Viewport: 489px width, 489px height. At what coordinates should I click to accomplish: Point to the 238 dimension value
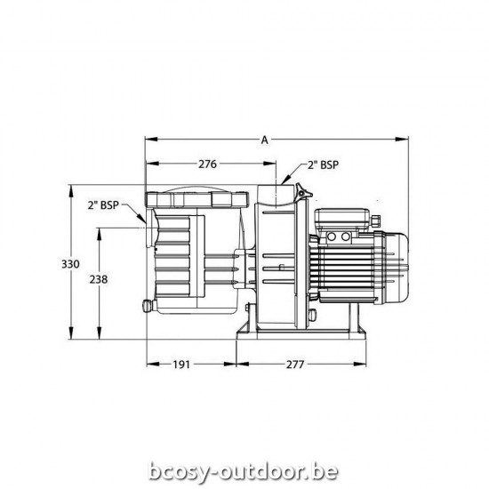coord(100,279)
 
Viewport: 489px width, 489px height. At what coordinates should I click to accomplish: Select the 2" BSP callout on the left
coord(104,205)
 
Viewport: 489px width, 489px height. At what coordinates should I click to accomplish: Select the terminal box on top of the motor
coord(347,216)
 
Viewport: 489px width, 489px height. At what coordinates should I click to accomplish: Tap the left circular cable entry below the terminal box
coord(333,237)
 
